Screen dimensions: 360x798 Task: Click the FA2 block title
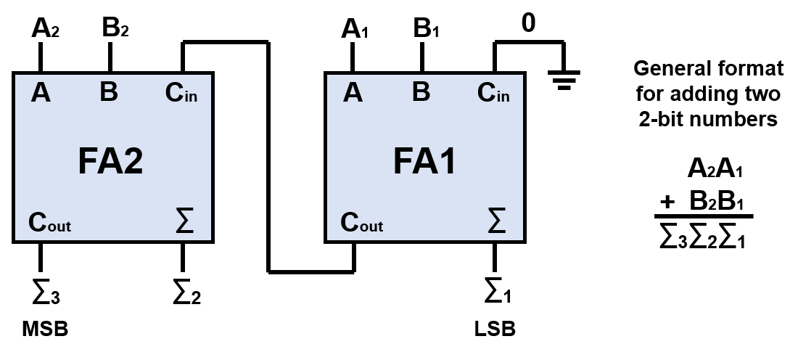point(111,161)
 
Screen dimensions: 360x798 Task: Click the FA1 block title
point(424,161)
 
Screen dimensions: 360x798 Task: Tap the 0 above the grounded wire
point(529,23)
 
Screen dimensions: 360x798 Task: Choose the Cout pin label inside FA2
point(49,224)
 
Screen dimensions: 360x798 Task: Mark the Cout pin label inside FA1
point(362,224)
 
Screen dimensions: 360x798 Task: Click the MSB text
point(45,330)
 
